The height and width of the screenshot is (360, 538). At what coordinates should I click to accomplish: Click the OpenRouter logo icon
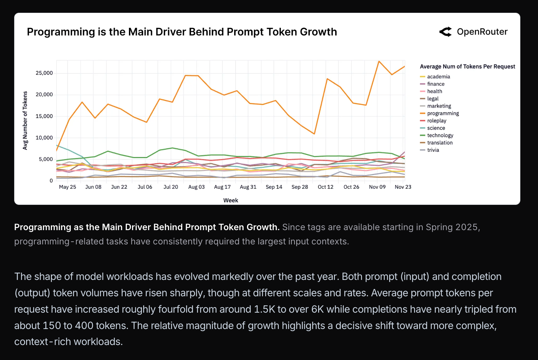coord(446,32)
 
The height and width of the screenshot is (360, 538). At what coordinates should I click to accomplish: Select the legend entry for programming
coord(443,114)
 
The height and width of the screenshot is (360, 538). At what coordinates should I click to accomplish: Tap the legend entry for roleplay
coord(437,121)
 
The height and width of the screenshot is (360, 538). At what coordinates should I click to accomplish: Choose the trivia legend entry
coord(433,150)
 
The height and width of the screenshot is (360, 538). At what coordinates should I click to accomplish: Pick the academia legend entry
coord(438,77)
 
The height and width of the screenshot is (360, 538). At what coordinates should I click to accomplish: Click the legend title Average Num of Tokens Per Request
coord(467,66)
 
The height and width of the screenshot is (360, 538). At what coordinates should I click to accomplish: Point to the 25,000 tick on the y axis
coord(44,73)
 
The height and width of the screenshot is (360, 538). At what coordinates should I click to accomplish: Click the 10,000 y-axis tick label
coord(44,138)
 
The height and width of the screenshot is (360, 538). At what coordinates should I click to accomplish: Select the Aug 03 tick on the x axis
coord(197,187)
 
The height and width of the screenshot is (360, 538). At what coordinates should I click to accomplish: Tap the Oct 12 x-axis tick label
coord(325,187)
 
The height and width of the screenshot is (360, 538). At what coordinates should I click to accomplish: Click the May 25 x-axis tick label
coord(68,187)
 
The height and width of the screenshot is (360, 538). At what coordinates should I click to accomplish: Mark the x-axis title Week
coord(231,200)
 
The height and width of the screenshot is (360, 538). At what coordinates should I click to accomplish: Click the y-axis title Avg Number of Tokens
coord(25,120)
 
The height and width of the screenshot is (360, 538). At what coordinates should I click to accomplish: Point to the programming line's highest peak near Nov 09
coord(379,61)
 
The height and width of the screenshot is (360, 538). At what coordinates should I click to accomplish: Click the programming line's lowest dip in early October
coord(314,134)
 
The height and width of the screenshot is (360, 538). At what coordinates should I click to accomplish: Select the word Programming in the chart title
coord(61,32)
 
